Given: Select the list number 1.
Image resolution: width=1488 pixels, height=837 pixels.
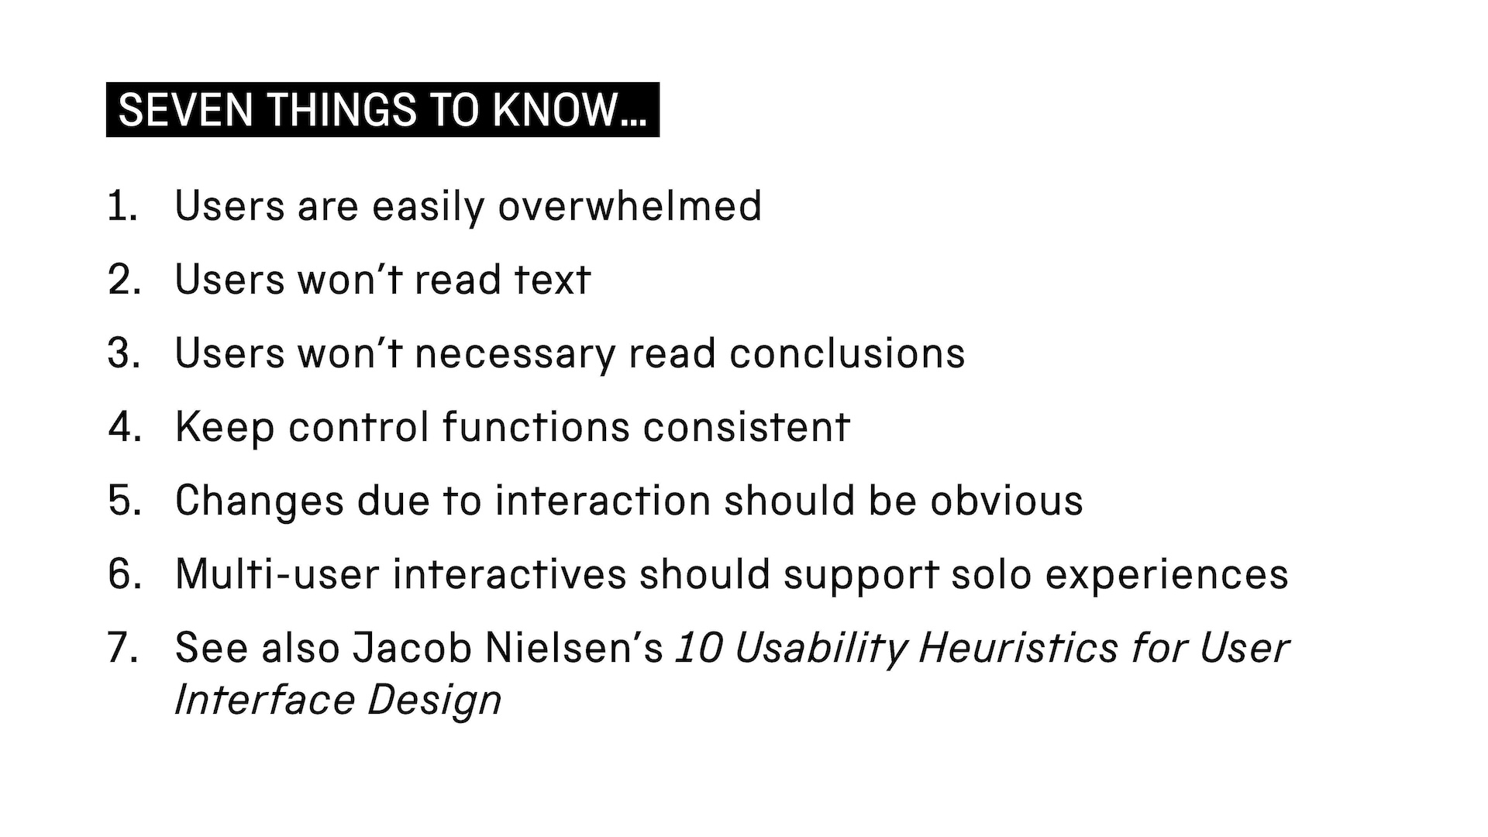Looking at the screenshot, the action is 122,206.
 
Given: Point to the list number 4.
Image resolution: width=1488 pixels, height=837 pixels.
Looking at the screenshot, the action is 125,427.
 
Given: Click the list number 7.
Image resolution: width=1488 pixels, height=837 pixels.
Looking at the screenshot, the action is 123,648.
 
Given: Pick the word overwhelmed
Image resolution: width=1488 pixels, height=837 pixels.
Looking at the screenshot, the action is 629,206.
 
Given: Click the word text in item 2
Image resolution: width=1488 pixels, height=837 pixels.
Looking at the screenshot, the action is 553,280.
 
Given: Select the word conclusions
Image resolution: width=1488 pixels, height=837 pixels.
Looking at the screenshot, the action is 847,353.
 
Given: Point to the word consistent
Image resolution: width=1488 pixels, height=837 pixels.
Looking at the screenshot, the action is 746,427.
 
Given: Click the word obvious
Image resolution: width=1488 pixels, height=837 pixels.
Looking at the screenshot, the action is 1007,501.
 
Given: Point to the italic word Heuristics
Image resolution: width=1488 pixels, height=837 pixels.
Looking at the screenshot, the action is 1018,648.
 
